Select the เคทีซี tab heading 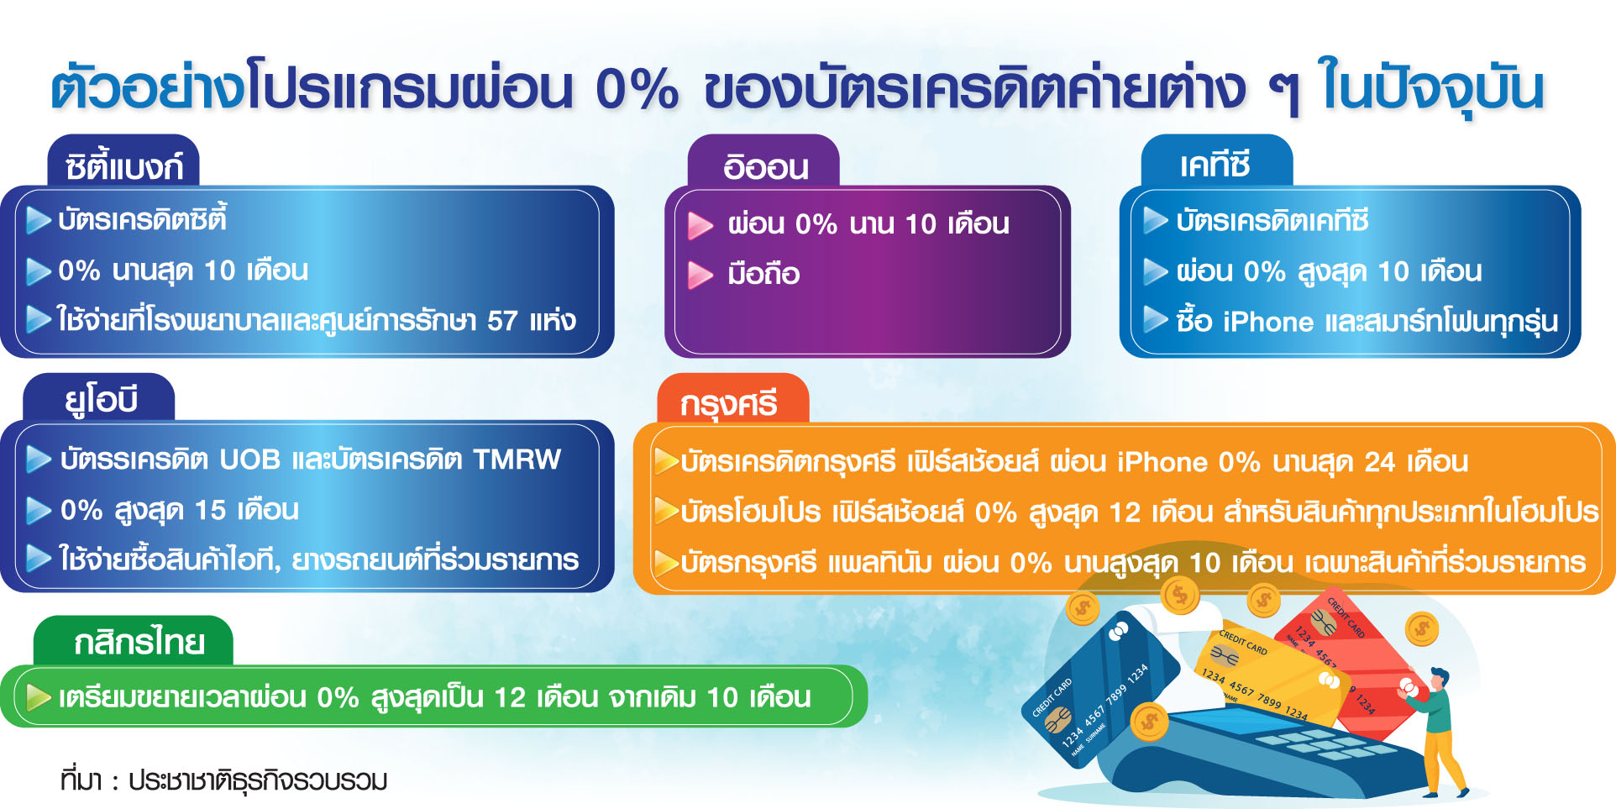point(1215,164)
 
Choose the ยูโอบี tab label point(102,399)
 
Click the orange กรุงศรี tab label point(729,404)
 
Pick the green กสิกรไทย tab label point(139,643)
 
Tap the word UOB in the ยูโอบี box point(250,460)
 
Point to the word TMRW point(517,460)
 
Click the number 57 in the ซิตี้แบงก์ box point(502,320)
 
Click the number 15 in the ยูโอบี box point(210,510)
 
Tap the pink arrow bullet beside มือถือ point(700,275)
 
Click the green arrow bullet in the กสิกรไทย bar point(39,697)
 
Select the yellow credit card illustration point(1272,676)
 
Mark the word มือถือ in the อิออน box point(763,275)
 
